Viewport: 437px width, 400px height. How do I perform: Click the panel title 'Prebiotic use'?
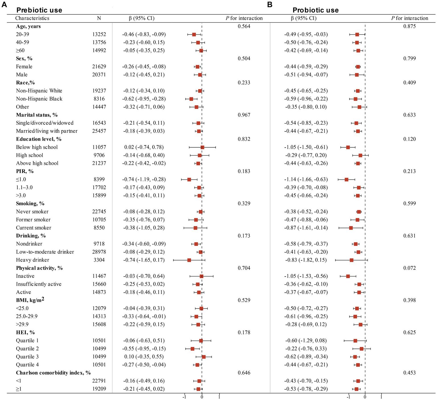(39, 10)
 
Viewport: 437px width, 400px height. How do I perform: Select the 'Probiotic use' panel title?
(315, 10)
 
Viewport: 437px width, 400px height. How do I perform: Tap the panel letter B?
(270, 5)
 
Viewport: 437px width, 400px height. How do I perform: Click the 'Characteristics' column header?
(32, 18)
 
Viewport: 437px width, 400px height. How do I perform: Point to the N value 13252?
(99, 34)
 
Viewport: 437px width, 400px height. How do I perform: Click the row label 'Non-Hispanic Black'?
(39, 99)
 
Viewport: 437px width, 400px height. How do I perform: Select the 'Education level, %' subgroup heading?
(39, 139)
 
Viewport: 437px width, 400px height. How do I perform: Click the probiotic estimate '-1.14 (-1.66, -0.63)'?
(306, 180)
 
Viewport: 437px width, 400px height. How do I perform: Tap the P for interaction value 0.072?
(409, 268)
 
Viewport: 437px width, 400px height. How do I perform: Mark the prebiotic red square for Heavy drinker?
(189, 260)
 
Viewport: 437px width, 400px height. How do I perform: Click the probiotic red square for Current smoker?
(351, 228)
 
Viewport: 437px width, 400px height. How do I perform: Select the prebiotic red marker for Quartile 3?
(204, 357)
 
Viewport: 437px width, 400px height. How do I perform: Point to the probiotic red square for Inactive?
(348, 276)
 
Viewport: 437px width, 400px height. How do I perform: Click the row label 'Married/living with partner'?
(47, 131)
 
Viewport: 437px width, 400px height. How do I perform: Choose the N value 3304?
(99, 260)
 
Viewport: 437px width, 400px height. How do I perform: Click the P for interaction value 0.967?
(244, 115)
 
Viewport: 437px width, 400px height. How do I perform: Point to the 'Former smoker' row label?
(33, 220)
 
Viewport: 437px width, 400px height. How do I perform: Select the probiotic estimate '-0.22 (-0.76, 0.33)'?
(306, 349)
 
